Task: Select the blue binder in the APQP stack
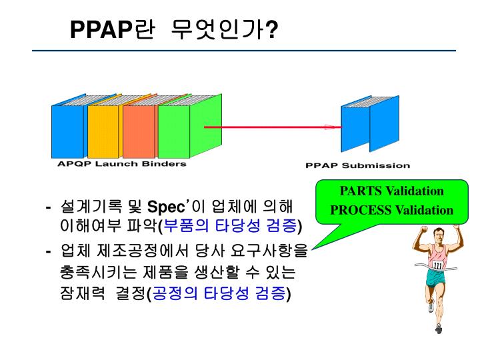point(68,131)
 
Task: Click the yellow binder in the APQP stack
point(103,131)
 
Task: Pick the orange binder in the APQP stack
point(139,131)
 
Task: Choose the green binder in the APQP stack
point(175,131)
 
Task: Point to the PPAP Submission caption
point(357,165)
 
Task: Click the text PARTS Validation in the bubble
point(392,191)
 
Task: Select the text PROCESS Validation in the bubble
point(392,210)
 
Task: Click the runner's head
point(437,236)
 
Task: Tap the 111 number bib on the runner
point(437,265)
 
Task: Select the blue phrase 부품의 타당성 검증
point(231,225)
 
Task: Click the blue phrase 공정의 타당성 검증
point(220,293)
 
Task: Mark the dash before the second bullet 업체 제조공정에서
point(49,251)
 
